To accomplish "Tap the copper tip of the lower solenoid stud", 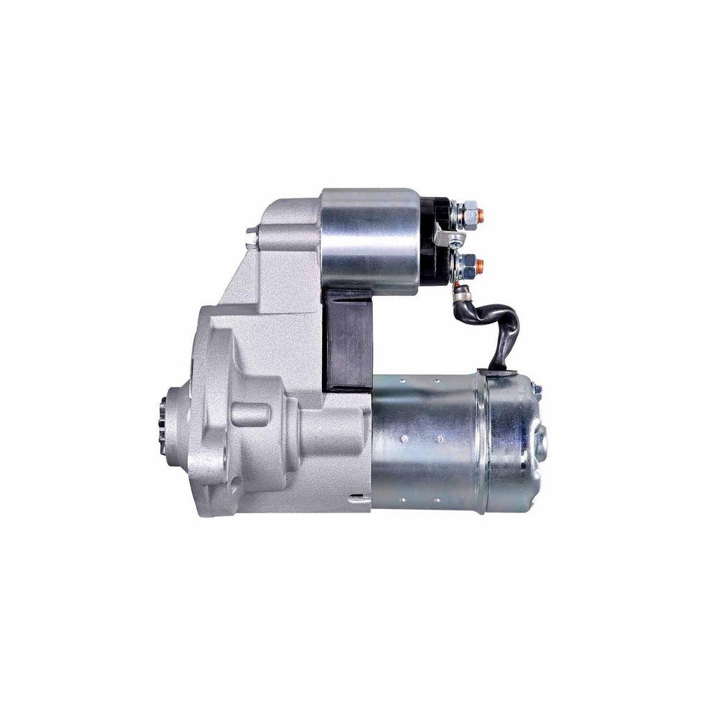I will (481, 265).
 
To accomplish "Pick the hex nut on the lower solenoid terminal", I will (466, 265).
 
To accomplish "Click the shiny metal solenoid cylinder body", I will (374, 240).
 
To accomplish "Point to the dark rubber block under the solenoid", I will (348, 339).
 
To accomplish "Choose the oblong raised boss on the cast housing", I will (249, 413).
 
